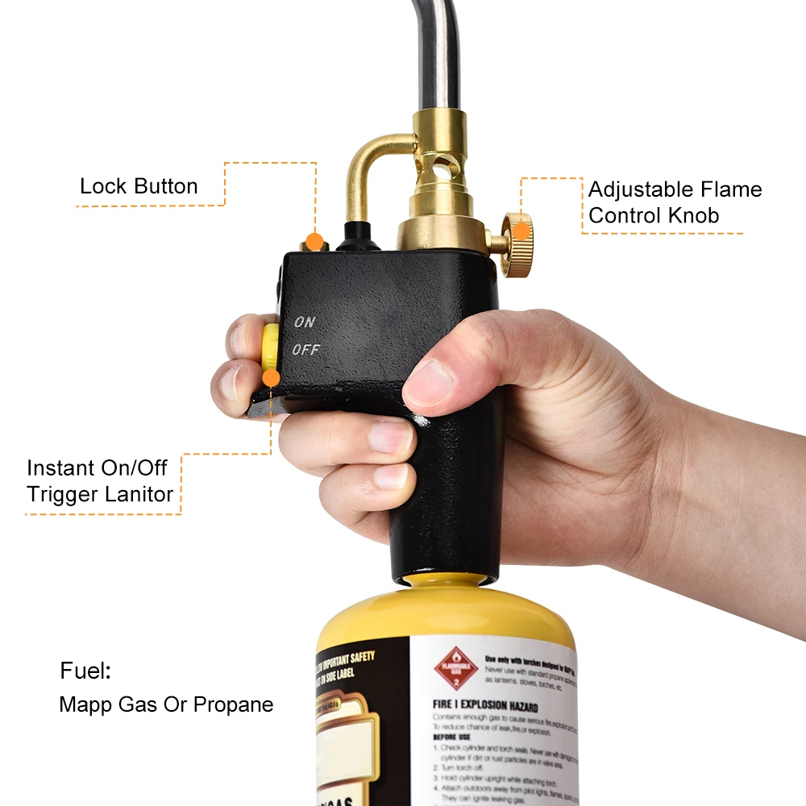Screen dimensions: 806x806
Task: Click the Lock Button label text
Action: pyautogui.click(x=139, y=186)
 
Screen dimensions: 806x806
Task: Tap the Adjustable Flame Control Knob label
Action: pyautogui.click(x=674, y=202)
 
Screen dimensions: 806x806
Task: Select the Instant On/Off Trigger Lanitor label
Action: pyautogui.click(x=100, y=481)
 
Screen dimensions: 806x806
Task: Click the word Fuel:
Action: pyautogui.click(x=85, y=671)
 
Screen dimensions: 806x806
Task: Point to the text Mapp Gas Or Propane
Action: pyautogui.click(x=166, y=704)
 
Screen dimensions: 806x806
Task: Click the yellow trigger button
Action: pyautogui.click(x=270, y=347)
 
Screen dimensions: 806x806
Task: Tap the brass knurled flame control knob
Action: pyautogui.click(x=517, y=244)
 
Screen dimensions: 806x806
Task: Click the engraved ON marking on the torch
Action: pyautogui.click(x=305, y=322)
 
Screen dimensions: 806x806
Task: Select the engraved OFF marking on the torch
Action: pyautogui.click(x=306, y=350)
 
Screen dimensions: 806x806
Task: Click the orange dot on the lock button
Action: pyautogui.click(x=315, y=240)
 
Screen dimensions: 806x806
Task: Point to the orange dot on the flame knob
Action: pyautogui.click(x=521, y=231)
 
